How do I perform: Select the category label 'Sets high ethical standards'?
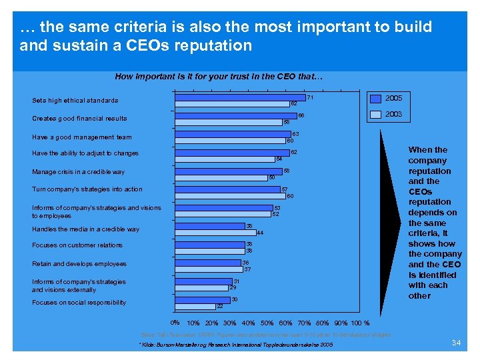(x=75, y=101)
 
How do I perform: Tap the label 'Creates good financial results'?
(x=79, y=119)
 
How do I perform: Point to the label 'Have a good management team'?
(x=81, y=137)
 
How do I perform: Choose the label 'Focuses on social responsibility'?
(x=79, y=303)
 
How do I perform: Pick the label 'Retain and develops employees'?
(x=79, y=264)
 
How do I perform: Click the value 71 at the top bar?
(x=310, y=98)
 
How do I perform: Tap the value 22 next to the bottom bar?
(x=219, y=306)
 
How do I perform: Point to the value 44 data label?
(x=261, y=233)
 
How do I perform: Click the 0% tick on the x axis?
(x=175, y=323)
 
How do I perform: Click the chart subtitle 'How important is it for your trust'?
(x=219, y=77)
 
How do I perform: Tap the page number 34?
(x=457, y=343)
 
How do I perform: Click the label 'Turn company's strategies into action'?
(x=87, y=189)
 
